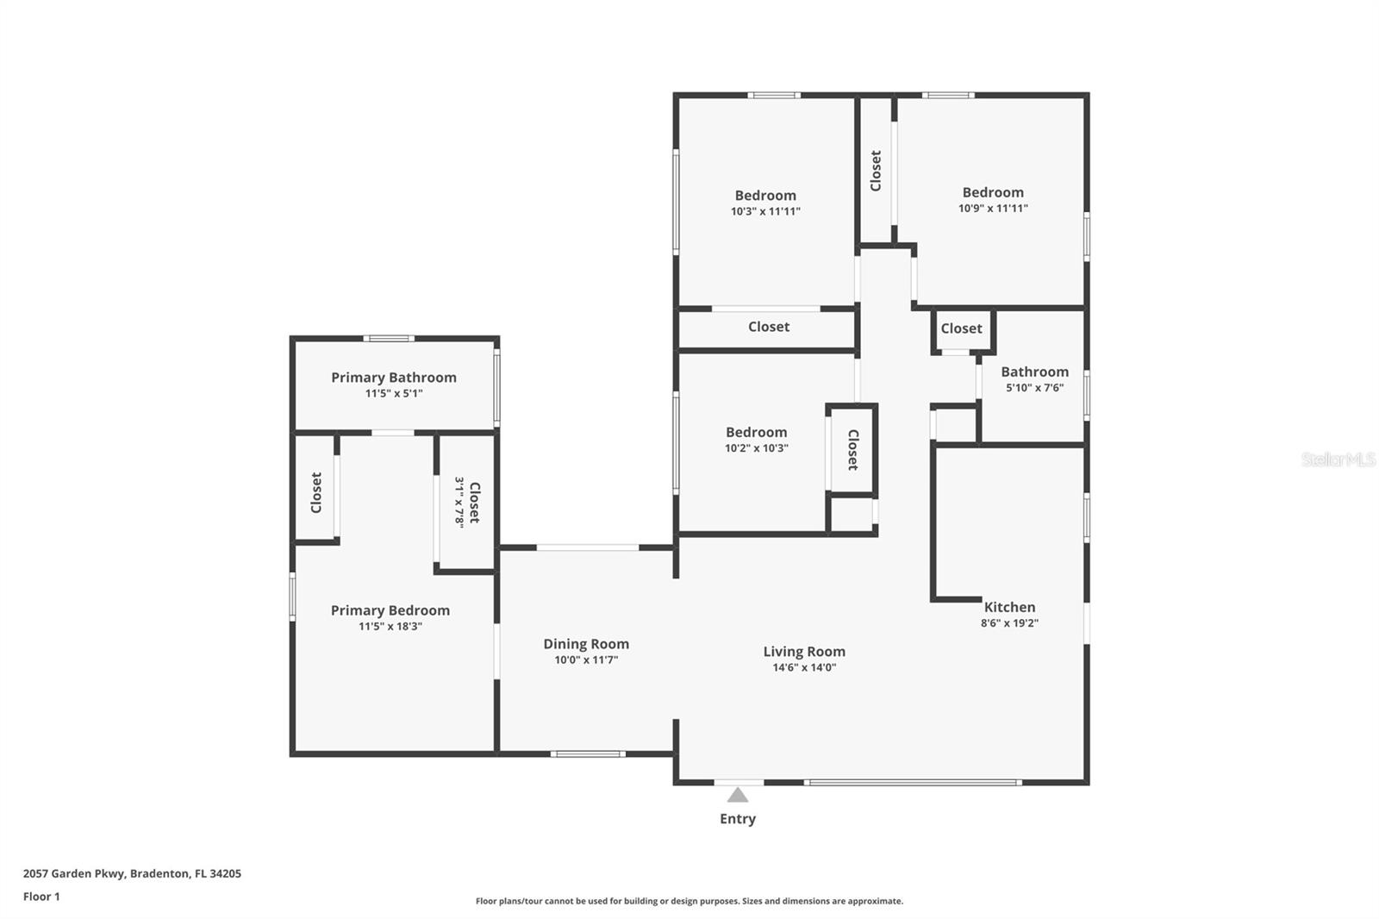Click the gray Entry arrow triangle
coord(738,795)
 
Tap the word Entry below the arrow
coord(738,819)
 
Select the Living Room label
coord(804,651)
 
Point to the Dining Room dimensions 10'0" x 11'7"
coord(586,660)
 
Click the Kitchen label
coord(1009,607)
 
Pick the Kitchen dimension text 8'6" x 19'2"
coord(1009,622)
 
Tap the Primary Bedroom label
coord(390,610)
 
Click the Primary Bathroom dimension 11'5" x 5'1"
coord(394,394)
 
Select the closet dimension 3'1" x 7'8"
coord(459,502)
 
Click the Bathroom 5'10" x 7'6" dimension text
coord(1035,387)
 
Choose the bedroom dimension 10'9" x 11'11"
coord(993,208)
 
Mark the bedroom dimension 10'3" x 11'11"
coord(765,211)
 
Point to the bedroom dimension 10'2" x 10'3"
coord(756,447)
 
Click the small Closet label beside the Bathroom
coord(962,328)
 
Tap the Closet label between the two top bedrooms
coord(876,171)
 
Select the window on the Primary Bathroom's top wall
coord(389,338)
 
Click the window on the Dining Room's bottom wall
coord(588,754)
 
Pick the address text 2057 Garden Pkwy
coord(74,873)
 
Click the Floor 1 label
coord(41,897)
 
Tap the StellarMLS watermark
coord(1338,459)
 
